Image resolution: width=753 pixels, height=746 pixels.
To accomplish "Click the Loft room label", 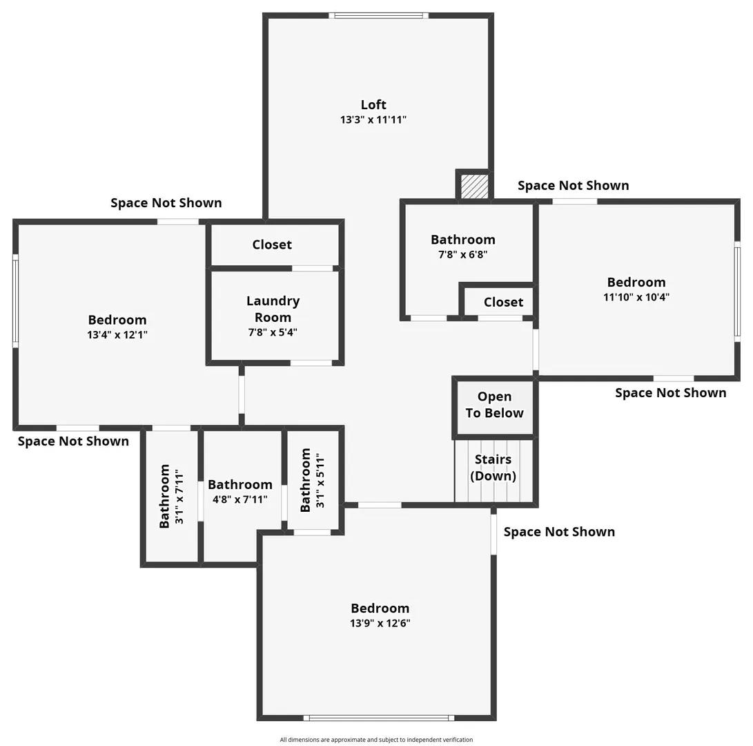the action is (373, 104).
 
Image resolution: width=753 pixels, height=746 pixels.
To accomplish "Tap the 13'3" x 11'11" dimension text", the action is (373, 119).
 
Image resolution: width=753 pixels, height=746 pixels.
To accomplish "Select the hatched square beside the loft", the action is (474, 186).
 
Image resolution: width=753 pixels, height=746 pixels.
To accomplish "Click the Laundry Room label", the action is (273, 309).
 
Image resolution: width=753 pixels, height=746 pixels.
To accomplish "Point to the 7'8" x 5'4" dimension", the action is (273, 332).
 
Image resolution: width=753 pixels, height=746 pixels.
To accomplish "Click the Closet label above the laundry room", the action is (272, 245).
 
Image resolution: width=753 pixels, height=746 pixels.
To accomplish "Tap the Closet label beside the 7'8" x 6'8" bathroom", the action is (503, 303).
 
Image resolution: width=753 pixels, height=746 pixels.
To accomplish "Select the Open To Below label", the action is (495, 405).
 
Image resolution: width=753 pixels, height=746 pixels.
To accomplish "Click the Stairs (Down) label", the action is (493, 468).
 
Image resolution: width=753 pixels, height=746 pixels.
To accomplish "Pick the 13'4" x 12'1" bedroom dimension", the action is (117, 335).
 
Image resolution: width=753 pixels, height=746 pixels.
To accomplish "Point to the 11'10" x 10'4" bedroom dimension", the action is (636, 297).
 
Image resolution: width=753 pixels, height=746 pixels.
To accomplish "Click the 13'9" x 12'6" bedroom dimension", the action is (380, 624).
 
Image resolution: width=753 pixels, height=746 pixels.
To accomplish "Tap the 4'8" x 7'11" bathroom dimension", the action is (240, 499).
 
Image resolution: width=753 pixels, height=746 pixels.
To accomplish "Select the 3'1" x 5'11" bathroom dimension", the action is (320, 480).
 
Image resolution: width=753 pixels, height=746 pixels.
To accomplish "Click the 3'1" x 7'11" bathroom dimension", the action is (179, 497).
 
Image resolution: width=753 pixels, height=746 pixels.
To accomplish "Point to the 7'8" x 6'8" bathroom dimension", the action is (463, 255).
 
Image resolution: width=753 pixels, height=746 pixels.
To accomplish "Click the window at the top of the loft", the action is (378, 15).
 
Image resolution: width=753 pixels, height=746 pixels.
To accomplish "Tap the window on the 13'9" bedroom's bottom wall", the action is (379, 718).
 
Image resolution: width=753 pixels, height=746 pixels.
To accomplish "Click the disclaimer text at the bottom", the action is (377, 740).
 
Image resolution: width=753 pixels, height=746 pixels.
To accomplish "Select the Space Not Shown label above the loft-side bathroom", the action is (574, 186).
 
